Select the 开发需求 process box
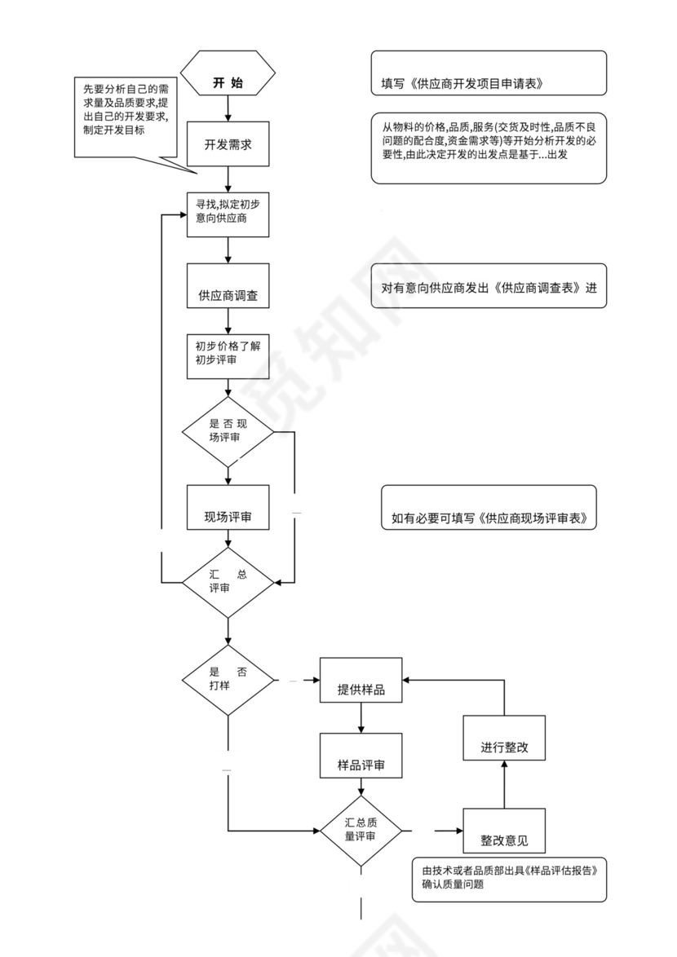coord(228,143)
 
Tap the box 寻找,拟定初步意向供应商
coord(228,214)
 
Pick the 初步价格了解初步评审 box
coord(228,356)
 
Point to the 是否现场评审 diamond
coord(228,431)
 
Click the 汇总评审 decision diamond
coord(228,582)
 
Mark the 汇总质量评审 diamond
coord(361,831)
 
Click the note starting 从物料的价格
coord(489,148)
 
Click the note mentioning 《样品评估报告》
coord(509,879)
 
